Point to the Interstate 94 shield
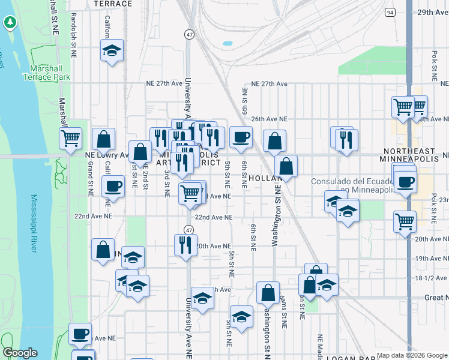click(x=391, y=12)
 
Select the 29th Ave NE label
click(x=433, y=12)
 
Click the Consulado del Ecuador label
click(x=352, y=186)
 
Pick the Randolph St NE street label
click(x=74, y=36)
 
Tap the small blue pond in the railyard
click(x=228, y=44)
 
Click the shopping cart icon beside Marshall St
click(x=71, y=138)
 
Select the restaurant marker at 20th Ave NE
click(x=185, y=244)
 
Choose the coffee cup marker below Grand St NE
click(x=112, y=186)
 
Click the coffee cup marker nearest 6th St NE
click(x=241, y=137)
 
